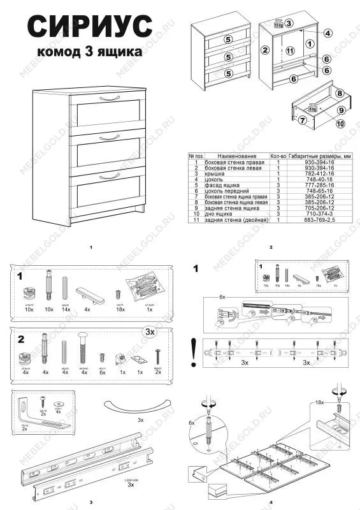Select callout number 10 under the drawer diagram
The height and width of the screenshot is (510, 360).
[x=341, y=124]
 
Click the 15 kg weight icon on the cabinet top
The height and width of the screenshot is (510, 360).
[x=278, y=24]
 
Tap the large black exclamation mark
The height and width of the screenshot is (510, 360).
[x=192, y=353]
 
